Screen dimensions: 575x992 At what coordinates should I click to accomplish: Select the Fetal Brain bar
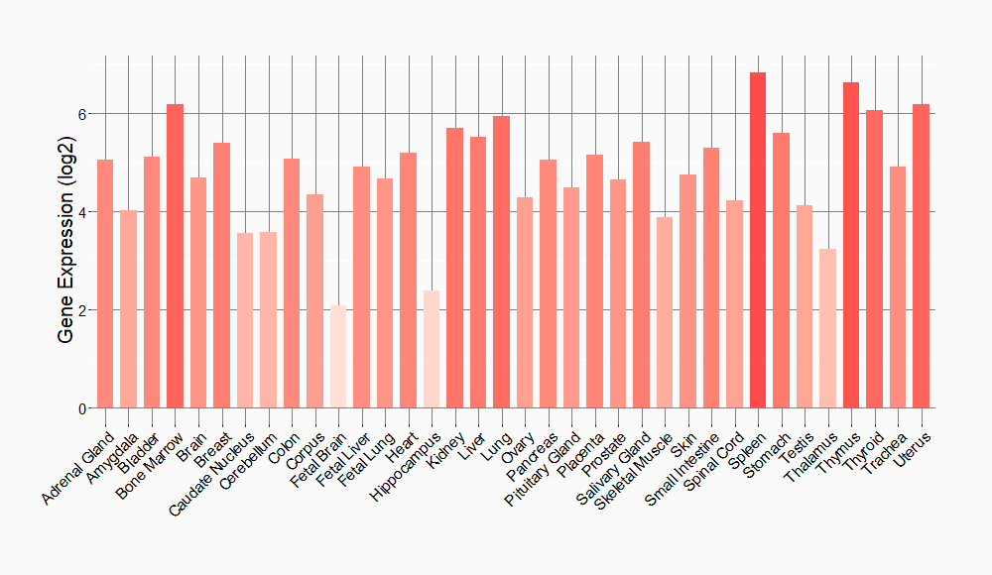338,357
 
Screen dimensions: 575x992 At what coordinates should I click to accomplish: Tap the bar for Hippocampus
432,349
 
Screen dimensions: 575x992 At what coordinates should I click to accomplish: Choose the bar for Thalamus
827,328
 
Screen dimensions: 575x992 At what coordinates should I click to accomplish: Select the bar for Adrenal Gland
105,284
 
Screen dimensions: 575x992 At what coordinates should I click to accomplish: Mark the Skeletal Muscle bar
665,312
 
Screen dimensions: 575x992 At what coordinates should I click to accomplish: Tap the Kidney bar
454,268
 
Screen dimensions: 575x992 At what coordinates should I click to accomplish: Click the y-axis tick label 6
84,114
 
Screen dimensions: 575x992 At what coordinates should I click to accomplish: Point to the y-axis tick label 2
84,310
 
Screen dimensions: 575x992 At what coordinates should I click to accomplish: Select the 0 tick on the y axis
84,408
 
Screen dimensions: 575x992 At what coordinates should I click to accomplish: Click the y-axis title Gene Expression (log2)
65,236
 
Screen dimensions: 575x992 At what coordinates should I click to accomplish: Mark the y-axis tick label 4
84,212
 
